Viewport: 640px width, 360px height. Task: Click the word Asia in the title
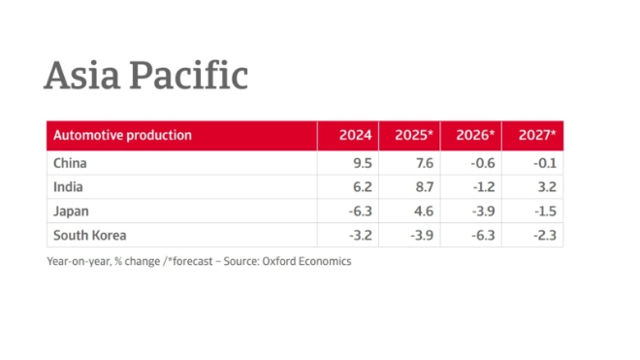point(81,76)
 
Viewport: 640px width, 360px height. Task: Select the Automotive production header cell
point(122,135)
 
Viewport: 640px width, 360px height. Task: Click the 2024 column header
point(355,135)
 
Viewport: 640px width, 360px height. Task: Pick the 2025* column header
point(414,135)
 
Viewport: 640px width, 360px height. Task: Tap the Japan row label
point(70,211)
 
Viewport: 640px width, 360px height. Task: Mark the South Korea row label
point(89,235)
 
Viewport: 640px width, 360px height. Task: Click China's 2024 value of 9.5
point(362,163)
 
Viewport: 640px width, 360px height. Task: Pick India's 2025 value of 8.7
point(423,187)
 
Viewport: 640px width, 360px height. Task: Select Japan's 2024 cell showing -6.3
point(359,211)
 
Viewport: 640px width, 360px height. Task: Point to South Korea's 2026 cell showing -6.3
point(481,235)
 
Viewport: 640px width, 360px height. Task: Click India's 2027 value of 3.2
point(546,187)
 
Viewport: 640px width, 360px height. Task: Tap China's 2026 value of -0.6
point(481,163)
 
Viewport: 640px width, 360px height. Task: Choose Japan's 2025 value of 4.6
point(423,211)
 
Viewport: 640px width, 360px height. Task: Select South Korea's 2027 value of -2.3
point(543,235)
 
